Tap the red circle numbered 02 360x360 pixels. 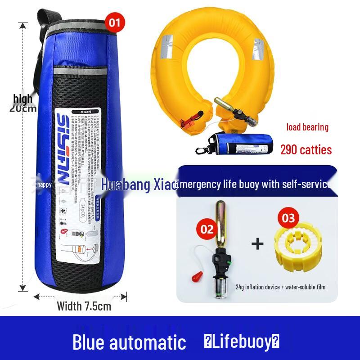207,229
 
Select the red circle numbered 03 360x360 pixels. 288,218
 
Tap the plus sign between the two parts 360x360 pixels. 257,244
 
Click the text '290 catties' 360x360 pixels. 306,149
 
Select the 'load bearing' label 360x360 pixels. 307,127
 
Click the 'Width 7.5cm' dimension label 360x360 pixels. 84,306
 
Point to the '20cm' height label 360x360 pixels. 23,108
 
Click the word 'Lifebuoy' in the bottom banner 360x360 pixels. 242,342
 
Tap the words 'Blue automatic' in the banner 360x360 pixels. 129,342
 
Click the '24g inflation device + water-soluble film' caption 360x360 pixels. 280,287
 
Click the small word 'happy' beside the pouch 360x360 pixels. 45,184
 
